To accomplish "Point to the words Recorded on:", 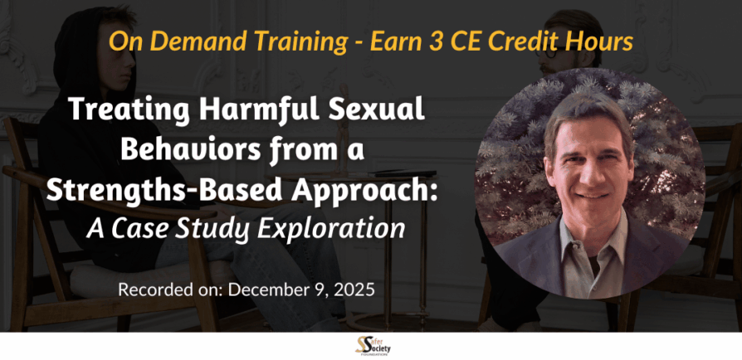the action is click(x=171, y=289).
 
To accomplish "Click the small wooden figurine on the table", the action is click(x=344, y=129).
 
